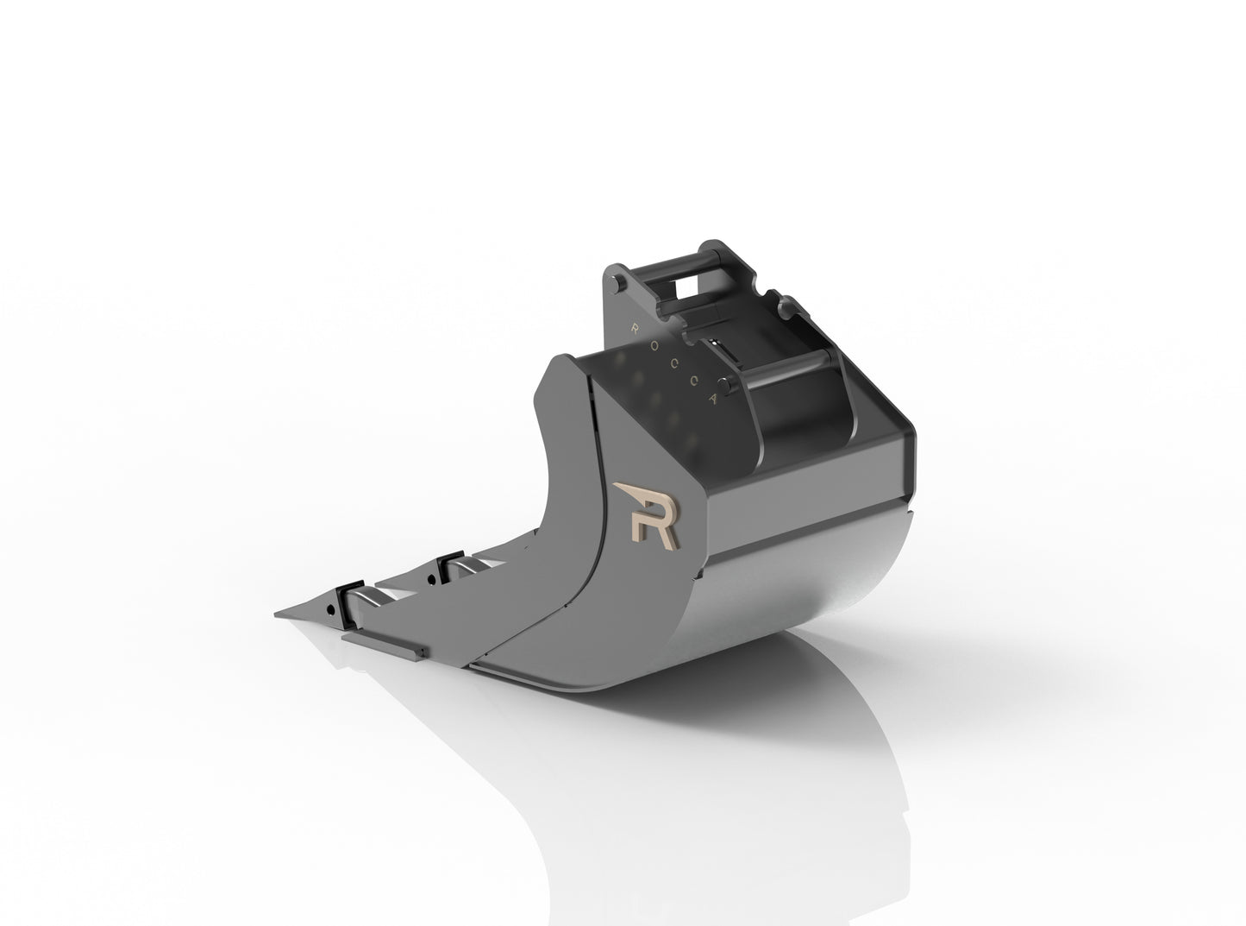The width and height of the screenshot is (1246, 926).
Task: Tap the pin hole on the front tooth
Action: [x=330, y=609]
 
